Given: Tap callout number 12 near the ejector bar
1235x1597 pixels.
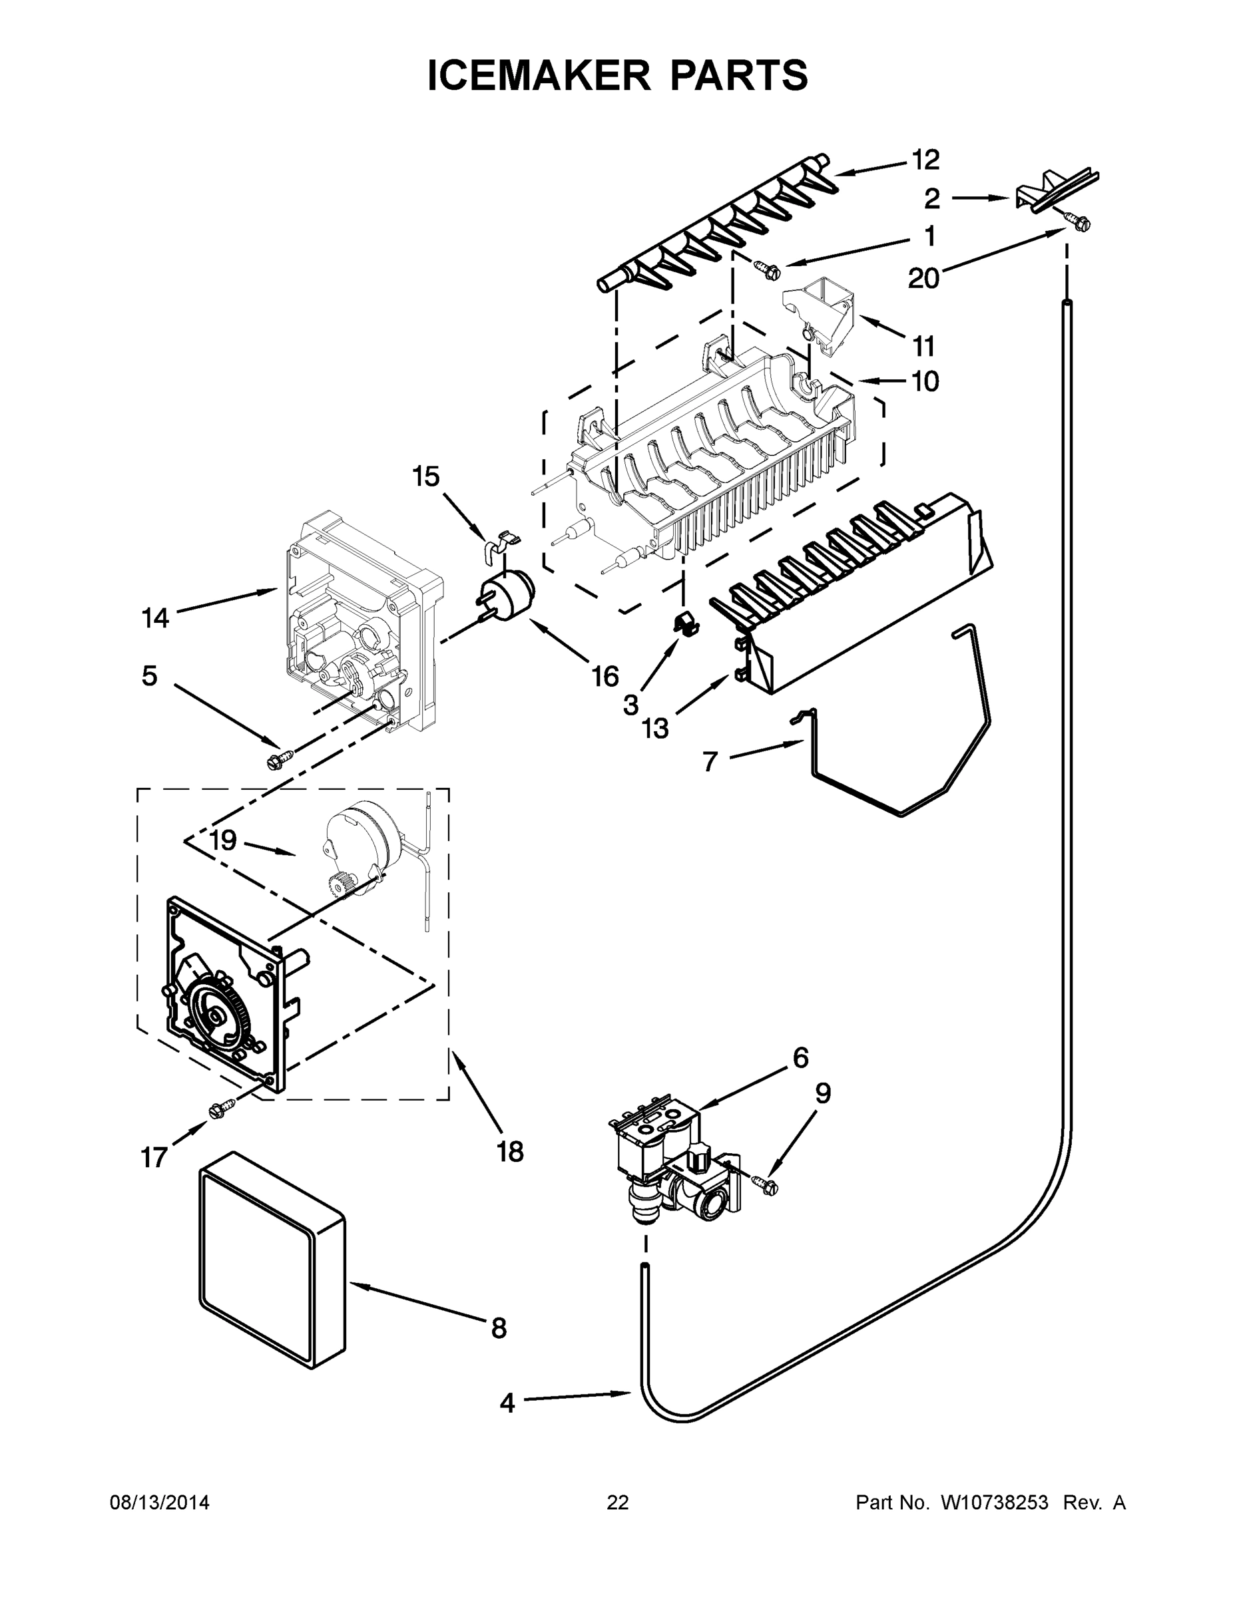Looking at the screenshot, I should (x=925, y=160).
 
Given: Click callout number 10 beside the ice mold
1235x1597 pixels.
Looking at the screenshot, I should (x=925, y=382).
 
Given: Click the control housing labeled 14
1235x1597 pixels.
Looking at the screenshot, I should (x=351, y=621).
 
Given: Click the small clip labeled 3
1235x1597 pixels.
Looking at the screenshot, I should (x=684, y=623).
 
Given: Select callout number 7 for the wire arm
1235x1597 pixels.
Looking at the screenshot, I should (x=710, y=762).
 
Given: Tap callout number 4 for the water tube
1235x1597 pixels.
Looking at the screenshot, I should (x=507, y=1403).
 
